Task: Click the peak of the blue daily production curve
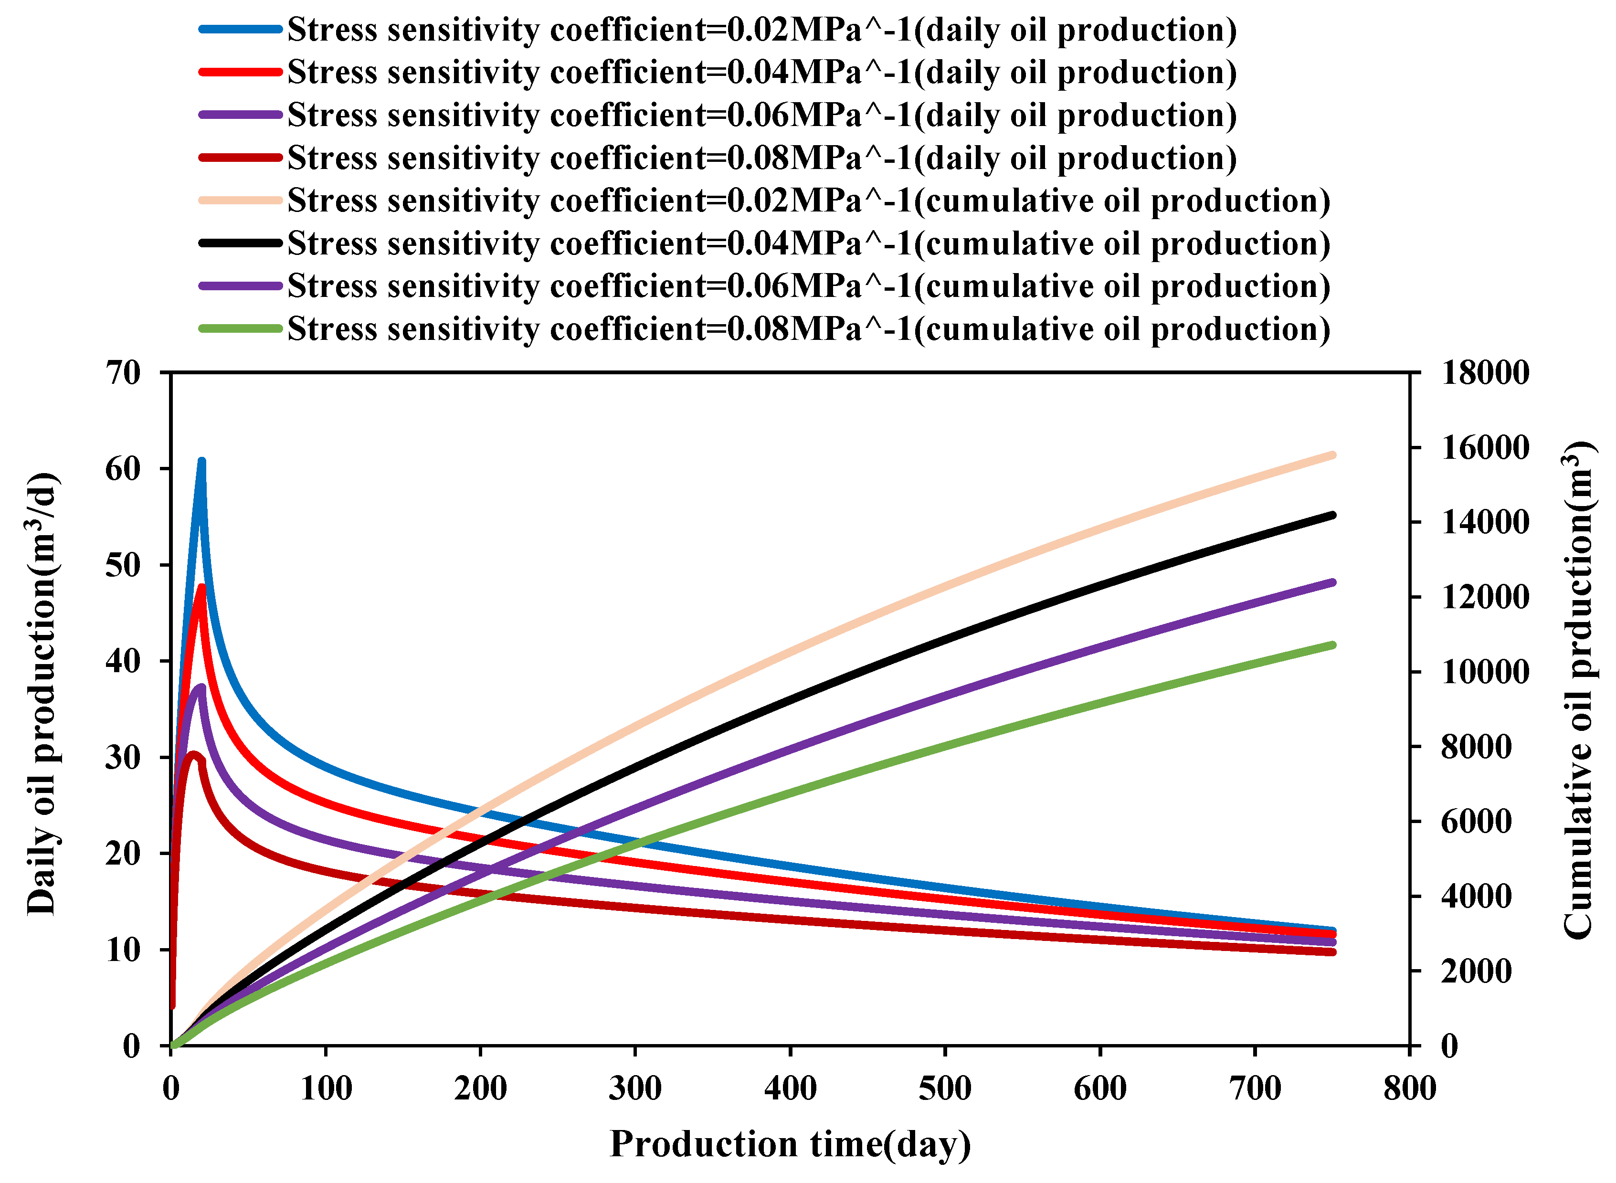tap(202, 462)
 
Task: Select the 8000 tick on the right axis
tap(1476, 747)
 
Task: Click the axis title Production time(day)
tap(790, 1144)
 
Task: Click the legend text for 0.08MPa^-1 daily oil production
tap(762, 158)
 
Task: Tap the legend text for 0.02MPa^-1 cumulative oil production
tap(808, 201)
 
